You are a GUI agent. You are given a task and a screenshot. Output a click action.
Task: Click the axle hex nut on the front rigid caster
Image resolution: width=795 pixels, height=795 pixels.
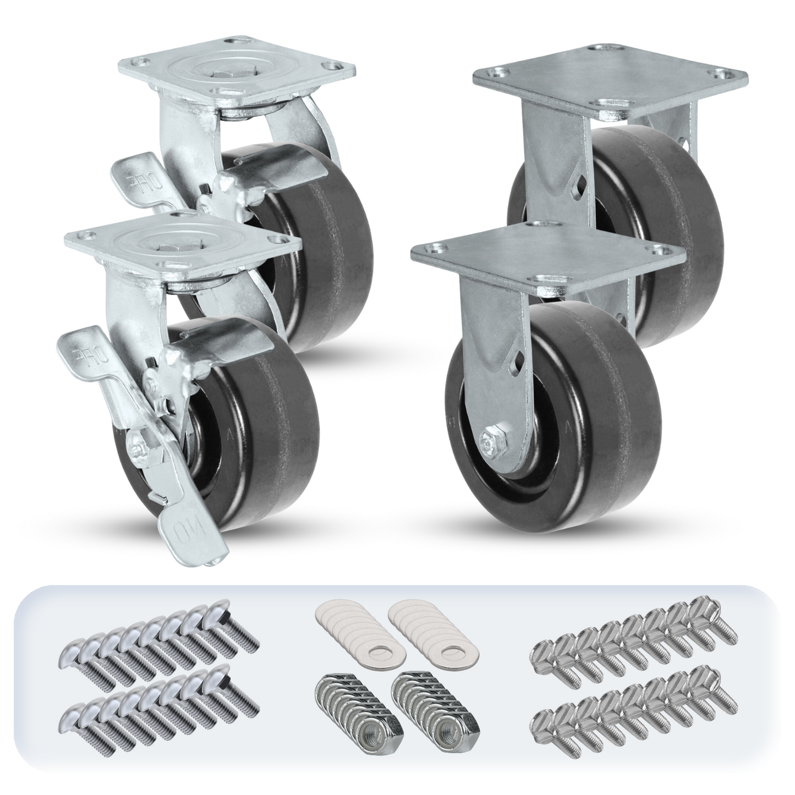[x=489, y=441]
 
